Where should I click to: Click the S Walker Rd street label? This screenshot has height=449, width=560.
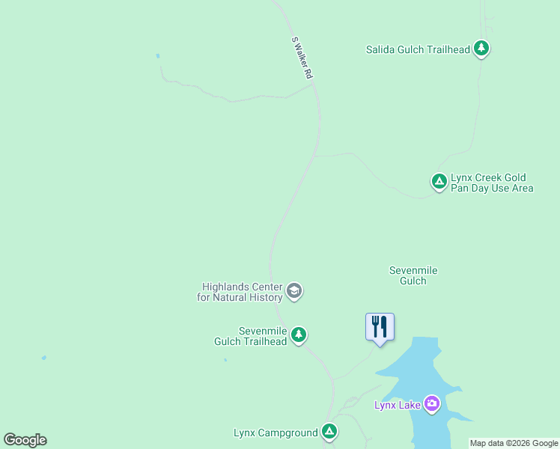click(302, 59)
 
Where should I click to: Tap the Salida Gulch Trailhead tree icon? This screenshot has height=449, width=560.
click(481, 49)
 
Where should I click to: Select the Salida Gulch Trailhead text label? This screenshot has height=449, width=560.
click(418, 50)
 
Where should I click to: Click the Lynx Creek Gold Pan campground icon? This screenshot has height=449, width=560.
click(439, 181)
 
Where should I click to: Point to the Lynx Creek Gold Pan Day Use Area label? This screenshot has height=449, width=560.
click(492, 183)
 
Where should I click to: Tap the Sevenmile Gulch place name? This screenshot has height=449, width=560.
click(413, 275)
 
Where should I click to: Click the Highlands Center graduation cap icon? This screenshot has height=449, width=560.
click(294, 291)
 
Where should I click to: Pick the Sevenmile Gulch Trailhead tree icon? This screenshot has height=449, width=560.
click(299, 335)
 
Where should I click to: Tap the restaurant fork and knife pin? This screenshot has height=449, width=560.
click(380, 327)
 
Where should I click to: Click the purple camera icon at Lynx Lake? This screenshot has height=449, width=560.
click(431, 404)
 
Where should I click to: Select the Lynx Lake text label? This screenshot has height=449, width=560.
click(397, 406)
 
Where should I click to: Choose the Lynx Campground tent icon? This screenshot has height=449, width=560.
click(329, 431)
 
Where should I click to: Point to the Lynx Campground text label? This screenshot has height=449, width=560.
click(276, 433)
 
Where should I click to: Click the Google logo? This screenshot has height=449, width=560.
click(25, 440)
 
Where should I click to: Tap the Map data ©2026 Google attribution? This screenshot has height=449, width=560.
click(514, 443)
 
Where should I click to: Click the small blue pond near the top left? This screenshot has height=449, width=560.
click(157, 55)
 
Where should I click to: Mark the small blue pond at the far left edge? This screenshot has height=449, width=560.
click(43, 358)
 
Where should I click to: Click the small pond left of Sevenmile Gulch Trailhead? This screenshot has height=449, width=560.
click(225, 360)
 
